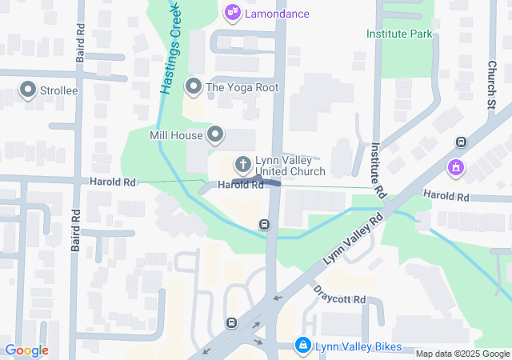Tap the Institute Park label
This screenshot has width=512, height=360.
coord(399,34)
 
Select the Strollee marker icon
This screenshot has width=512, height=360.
coord(29,90)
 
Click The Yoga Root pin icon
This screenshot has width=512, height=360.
coord(192,86)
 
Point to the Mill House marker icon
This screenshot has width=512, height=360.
coord(215,135)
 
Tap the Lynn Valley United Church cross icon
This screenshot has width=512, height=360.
coord(242,165)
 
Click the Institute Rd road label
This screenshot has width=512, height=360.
coord(378,170)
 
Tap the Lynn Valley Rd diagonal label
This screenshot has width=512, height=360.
coord(354,240)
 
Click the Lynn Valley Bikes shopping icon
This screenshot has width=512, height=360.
coord(302,346)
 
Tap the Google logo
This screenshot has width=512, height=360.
coord(26,350)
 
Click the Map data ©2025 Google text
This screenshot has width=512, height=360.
coord(462,354)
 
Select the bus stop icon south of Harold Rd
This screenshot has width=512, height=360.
coord(264,225)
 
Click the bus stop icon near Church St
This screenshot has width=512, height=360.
coord(461,142)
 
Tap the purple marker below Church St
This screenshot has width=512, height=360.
coord(455,168)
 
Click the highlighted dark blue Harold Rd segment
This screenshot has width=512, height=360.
coord(270,183)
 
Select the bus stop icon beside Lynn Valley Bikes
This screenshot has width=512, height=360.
coord(231,323)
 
